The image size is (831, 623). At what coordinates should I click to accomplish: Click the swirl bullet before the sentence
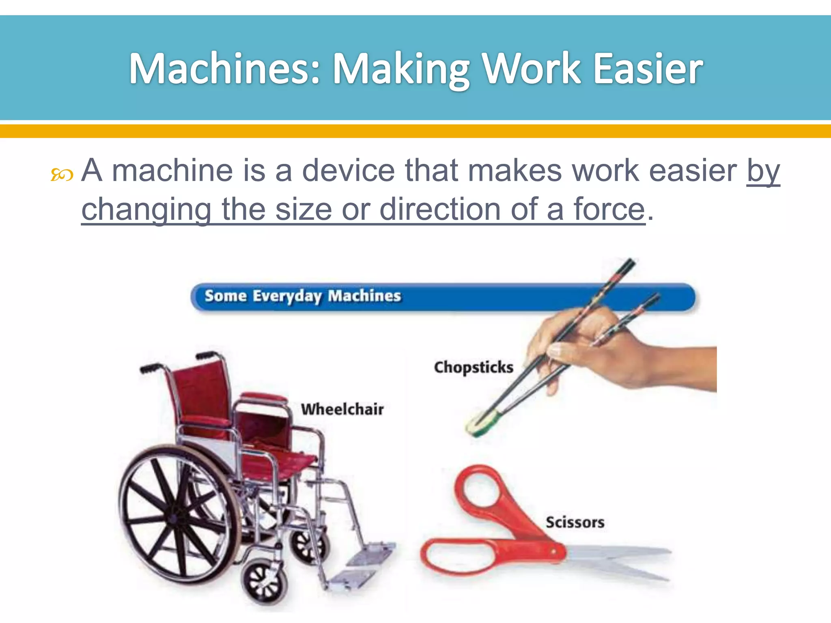(x=62, y=175)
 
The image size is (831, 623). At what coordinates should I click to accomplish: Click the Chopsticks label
(x=474, y=367)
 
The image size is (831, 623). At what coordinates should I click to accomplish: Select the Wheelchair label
(x=342, y=409)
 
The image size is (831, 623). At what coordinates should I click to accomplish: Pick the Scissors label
(x=575, y=522)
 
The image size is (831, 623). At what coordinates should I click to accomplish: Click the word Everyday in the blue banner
(x=287, y=296)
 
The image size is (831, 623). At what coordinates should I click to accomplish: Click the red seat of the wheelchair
(x=280, y=462)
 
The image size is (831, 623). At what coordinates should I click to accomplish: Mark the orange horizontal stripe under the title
(x=415, y=131)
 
